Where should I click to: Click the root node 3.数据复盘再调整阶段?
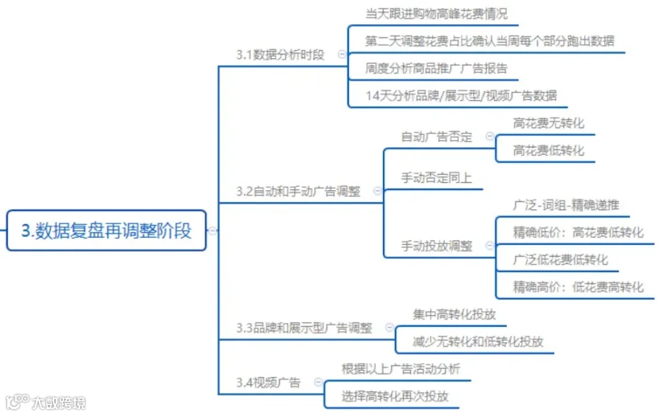tap(107, 231)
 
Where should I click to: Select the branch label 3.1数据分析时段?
tap(280, 55)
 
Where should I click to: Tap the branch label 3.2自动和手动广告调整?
tap(297, 191)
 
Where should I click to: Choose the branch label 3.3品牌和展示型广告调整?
tap(304, 328)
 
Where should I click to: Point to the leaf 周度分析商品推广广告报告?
tap(436, 68)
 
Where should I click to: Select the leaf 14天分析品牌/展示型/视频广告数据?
tap(461, 95)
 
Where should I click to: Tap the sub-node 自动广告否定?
tap(436, 137)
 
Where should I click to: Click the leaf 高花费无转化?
tap(548, 123)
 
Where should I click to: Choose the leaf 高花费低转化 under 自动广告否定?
tap(548, 151)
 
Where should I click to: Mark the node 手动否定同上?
tap(436, 178)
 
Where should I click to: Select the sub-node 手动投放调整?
tap(436, 246)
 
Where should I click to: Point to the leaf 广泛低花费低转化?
tap(560, 260)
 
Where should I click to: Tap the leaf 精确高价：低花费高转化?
tap(578, 287)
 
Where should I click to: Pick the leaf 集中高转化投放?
tap(454, 314)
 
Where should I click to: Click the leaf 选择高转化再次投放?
tap(395, 396)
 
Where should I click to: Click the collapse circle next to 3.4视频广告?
tap(318, 383)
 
